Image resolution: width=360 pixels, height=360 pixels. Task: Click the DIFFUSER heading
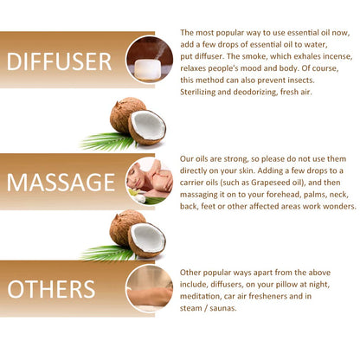pos(59,61)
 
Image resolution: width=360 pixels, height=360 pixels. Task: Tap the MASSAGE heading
pos(61,183)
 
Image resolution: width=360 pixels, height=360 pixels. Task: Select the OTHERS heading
pos(51,289)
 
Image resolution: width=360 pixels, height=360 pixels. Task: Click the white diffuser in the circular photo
pos(147,70)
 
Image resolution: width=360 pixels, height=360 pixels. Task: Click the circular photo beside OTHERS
pos(150,288)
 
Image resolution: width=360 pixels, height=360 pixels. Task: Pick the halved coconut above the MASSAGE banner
pos(147,127)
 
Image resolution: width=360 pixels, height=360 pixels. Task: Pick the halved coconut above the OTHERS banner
pos(147,240)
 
